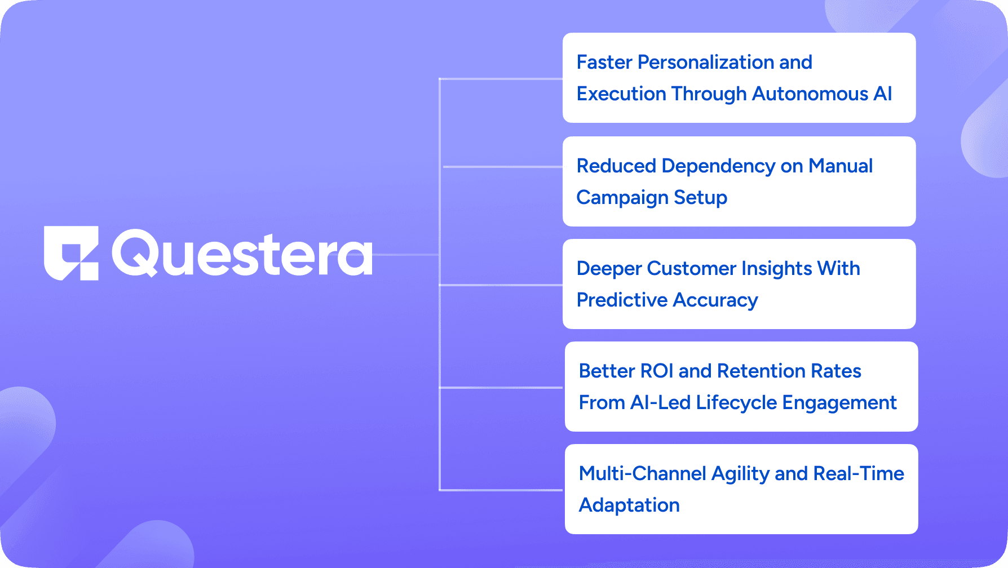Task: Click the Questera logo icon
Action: click(x=71, y=253)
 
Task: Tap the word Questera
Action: click(x=242, y=254)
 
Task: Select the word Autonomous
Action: click(x=810, y=94)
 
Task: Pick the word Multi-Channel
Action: click(x=643, y=473)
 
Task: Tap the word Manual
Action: click(x=841, y=166)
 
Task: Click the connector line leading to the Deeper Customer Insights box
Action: click(x=501, y=285)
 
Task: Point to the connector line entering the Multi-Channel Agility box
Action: click(x=501, y=490)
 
